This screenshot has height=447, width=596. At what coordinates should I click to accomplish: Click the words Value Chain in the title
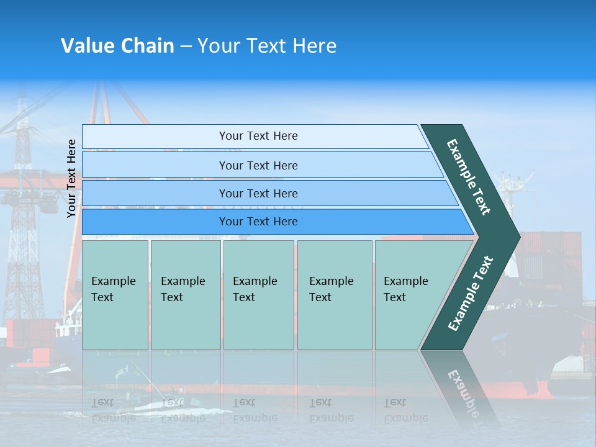[x=117, y=46]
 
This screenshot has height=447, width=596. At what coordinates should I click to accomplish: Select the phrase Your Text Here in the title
[x=267, y=46]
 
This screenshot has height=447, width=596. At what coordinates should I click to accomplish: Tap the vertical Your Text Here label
[x=71, y=178]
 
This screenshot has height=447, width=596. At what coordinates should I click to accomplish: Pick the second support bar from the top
[x=258, y=165]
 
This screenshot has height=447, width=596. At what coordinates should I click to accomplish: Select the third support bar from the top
[x=258, y=193]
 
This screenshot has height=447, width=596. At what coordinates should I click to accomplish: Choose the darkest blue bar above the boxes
[x=258, y=222]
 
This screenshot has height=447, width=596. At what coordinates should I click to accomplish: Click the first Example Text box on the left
[x=115, y=295]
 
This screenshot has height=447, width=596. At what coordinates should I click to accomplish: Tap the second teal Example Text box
[x=186, y=295]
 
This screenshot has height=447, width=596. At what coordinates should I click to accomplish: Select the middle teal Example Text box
[x=258, y=295]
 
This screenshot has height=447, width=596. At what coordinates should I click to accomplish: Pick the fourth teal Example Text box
[x=335, y=295]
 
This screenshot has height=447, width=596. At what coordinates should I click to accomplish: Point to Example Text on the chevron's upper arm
[x=469, y=176]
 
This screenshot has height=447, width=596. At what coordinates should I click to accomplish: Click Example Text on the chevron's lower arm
[x=470, y=294]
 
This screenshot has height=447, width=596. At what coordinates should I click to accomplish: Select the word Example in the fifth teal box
[x=405, y=281]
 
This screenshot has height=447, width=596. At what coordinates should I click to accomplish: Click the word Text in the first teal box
[x=102, y=297]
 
